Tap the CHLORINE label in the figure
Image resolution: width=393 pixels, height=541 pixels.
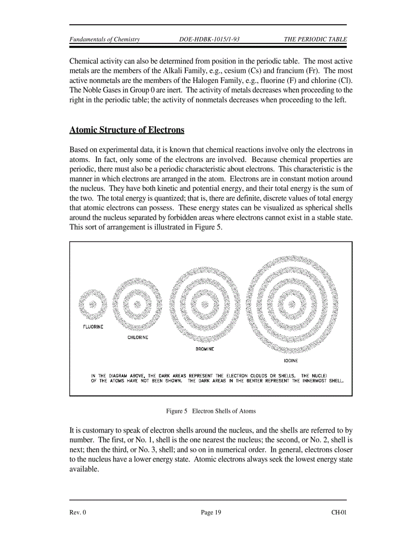point(138,338)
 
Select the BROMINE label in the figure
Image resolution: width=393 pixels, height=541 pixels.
point(205,349)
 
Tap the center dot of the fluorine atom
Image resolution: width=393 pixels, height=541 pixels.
point(92,304)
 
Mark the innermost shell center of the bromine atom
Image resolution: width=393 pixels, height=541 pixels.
point(205,304)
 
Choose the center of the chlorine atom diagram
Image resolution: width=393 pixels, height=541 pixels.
point(137,304)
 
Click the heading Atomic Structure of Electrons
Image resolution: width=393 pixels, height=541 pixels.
point(127,130)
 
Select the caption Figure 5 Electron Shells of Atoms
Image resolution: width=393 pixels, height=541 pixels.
point(210,411)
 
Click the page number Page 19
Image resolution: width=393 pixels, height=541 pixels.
point(211,513)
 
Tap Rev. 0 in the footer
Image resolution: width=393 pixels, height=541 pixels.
point(78,513)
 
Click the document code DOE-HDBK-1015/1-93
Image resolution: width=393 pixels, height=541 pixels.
point(209,40)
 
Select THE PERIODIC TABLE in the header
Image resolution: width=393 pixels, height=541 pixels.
point(315,40)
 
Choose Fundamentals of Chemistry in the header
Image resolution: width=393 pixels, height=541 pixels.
point(105,40)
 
